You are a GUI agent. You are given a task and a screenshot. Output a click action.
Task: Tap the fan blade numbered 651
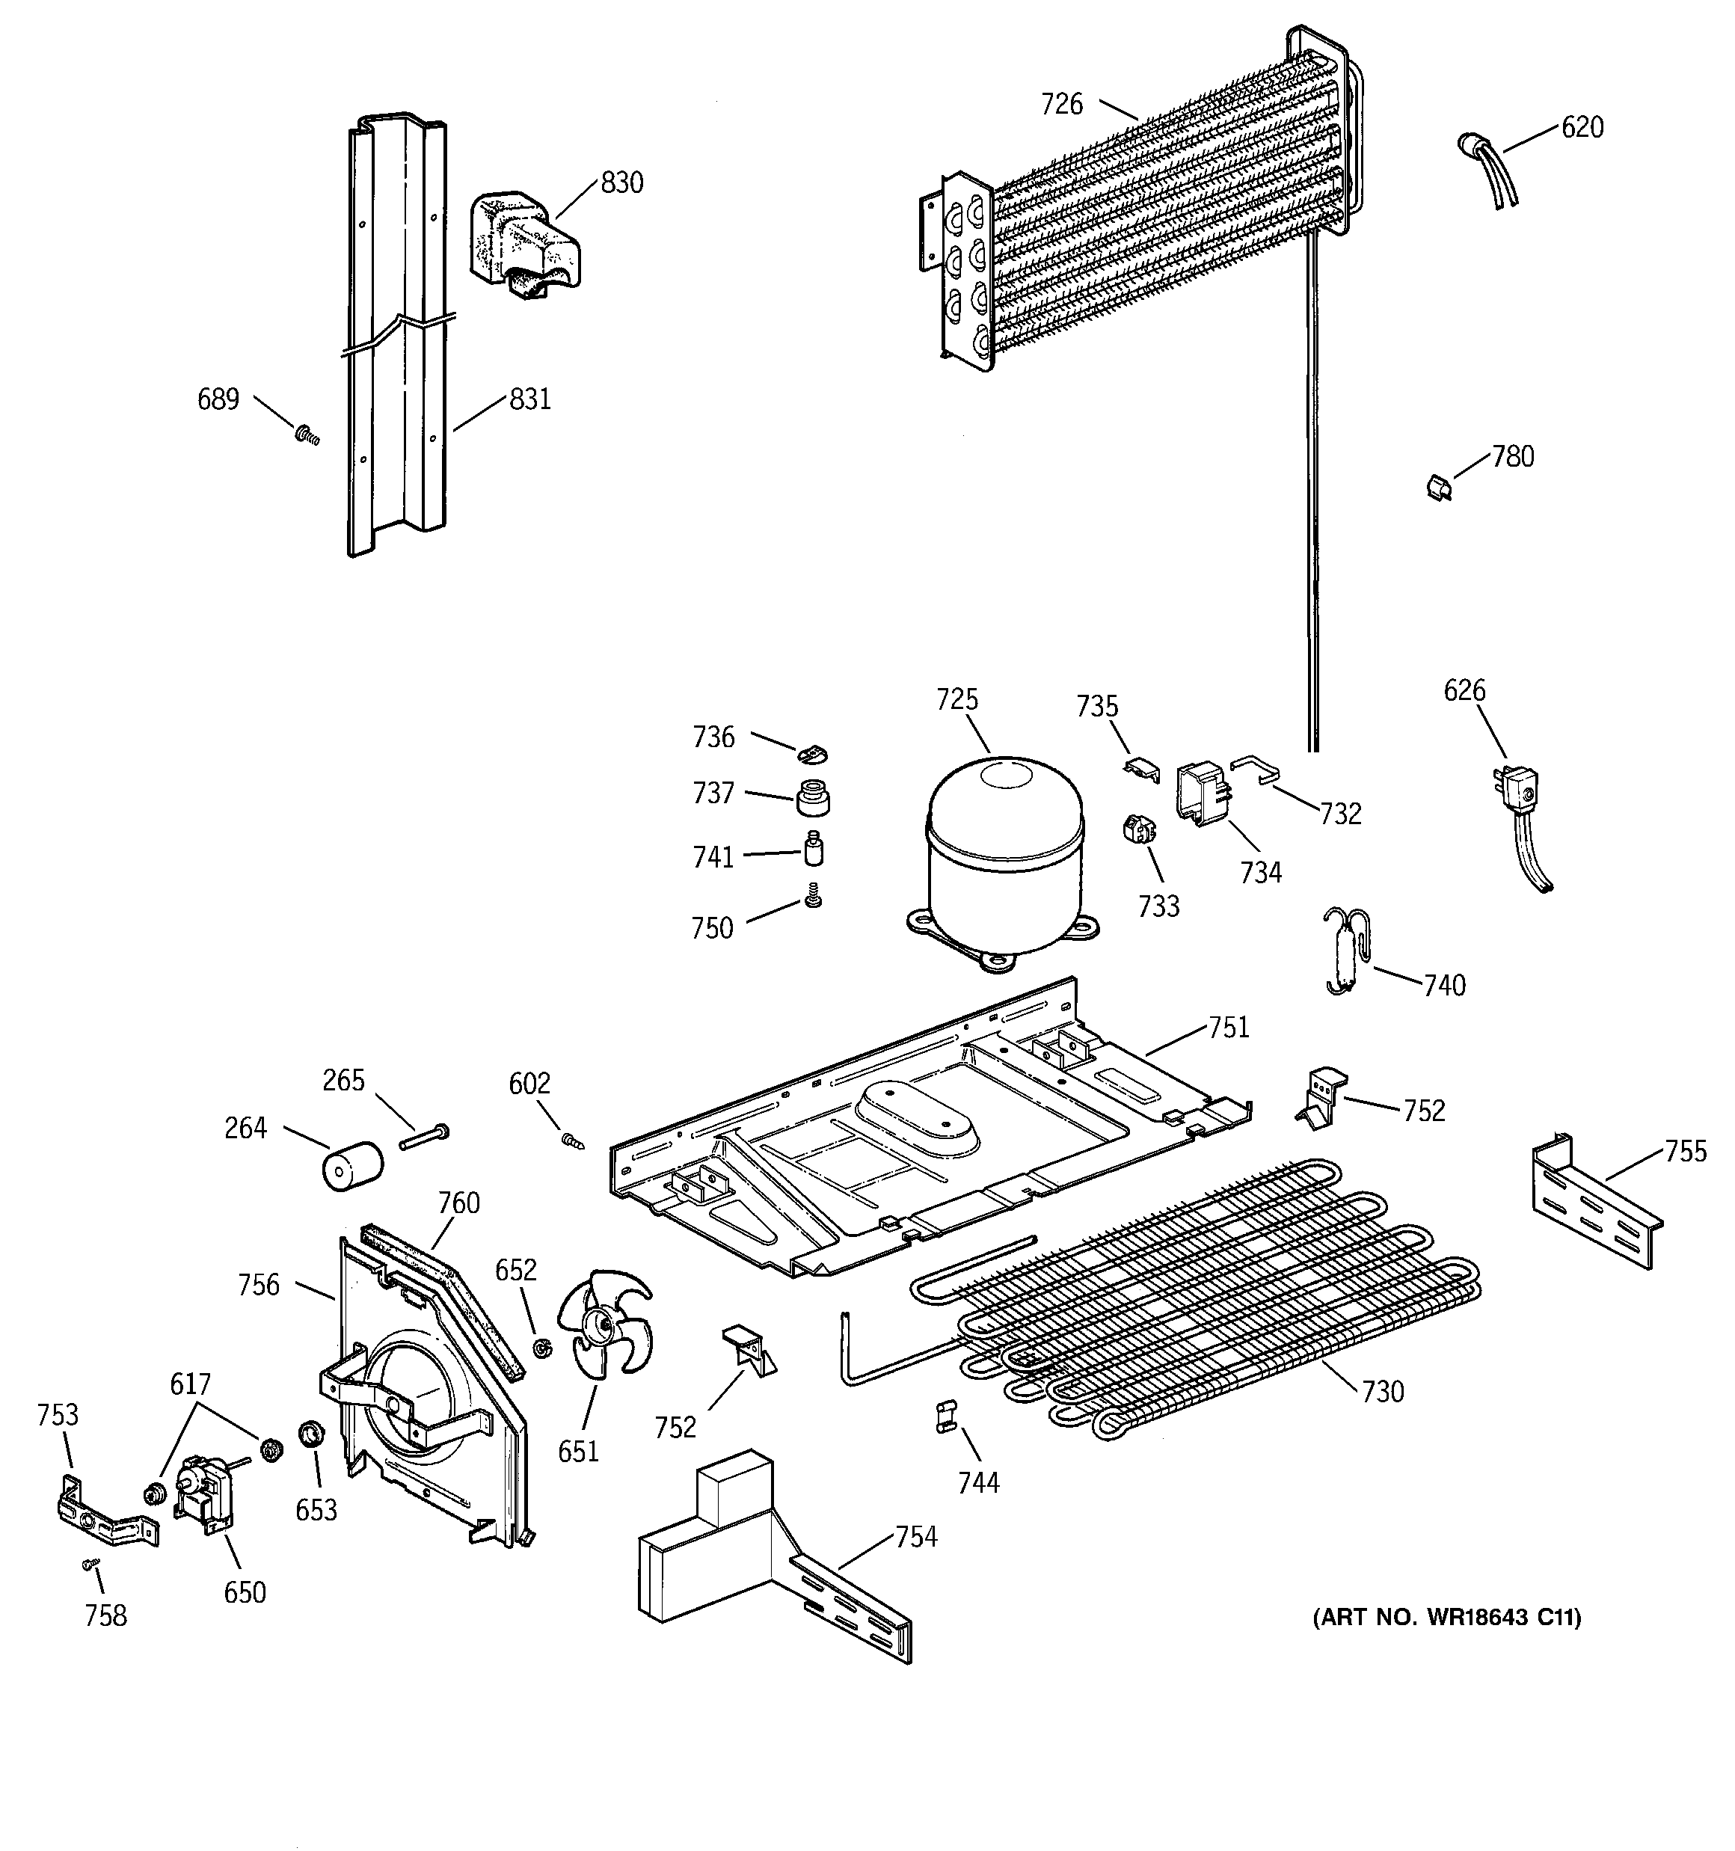click(x=604, y=1323)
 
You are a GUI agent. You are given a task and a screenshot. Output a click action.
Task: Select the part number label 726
click(x=1062, y=104)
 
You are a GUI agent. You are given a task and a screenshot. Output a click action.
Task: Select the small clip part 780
click(x=1440, y=486)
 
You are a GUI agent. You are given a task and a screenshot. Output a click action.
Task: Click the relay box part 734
click(x=1203, y=792)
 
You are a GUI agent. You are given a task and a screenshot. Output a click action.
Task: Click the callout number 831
click(x=530, y=399)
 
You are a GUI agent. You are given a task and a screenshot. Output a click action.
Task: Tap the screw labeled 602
click(x=571, y=1140)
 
